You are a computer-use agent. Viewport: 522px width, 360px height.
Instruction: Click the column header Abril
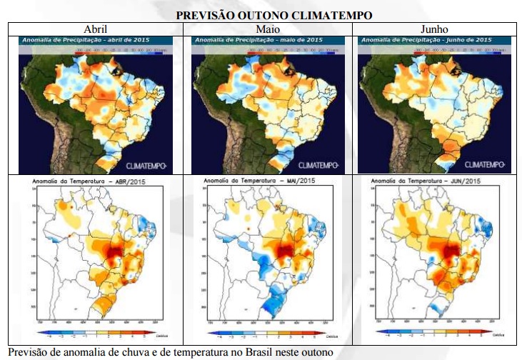tap(96, 29)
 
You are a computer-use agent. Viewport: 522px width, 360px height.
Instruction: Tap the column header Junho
tap(435, 29)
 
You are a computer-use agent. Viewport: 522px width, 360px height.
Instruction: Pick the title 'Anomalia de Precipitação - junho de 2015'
tap(407, 41)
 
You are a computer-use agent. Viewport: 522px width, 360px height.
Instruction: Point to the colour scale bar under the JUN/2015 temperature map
tap(432, 332)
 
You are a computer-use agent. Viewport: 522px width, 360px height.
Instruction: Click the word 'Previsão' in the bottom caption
tap(27, 353)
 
